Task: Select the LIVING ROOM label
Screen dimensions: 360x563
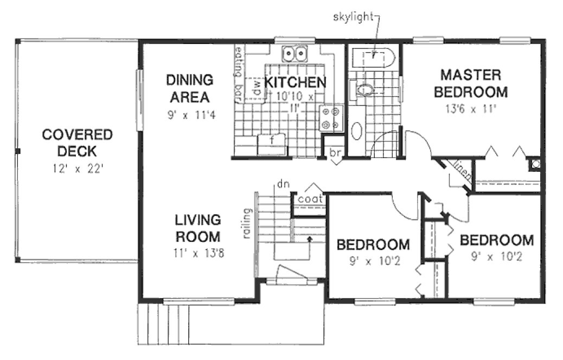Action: [197, 228]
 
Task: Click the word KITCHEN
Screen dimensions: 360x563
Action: [295, 83]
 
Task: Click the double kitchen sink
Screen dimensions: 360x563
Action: [295, 53]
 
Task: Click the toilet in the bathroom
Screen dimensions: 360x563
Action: [364, 89]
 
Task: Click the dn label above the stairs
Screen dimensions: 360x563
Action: [282, 184]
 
